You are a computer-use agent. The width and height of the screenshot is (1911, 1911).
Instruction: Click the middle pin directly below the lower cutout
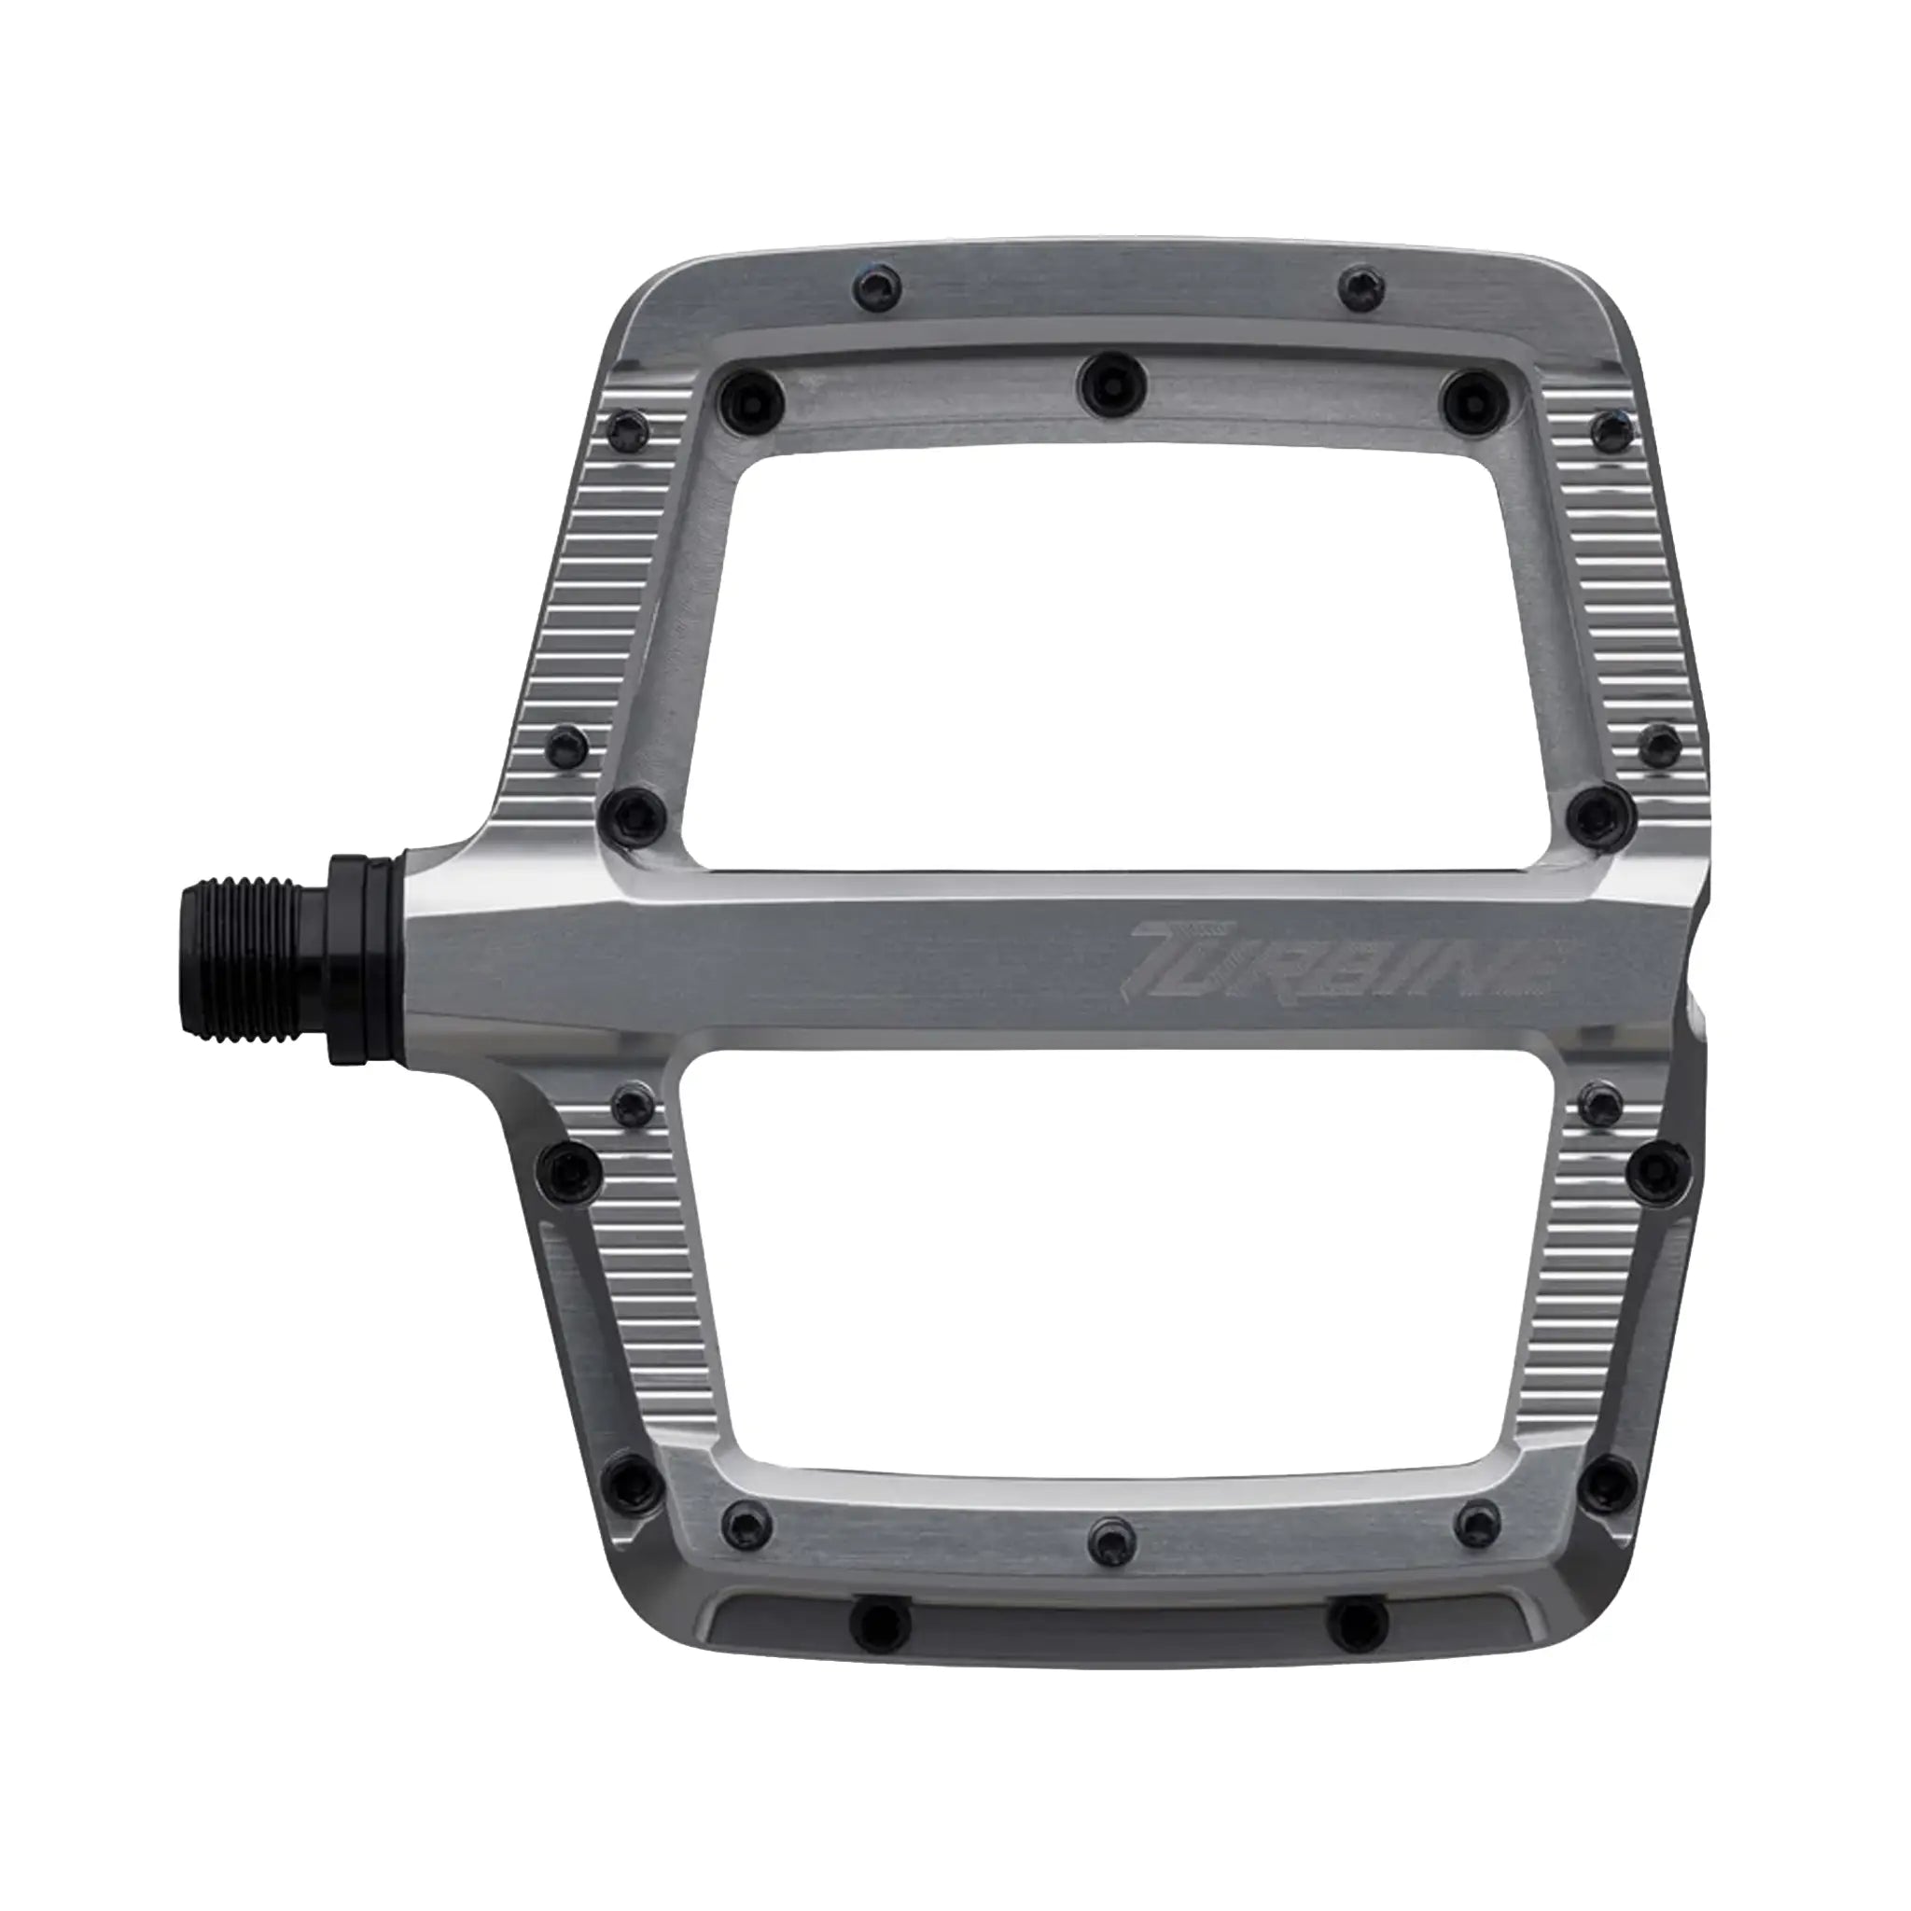tap(1109, 1562)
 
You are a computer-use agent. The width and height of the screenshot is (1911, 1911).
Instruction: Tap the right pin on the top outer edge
tap(1365, 287)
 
